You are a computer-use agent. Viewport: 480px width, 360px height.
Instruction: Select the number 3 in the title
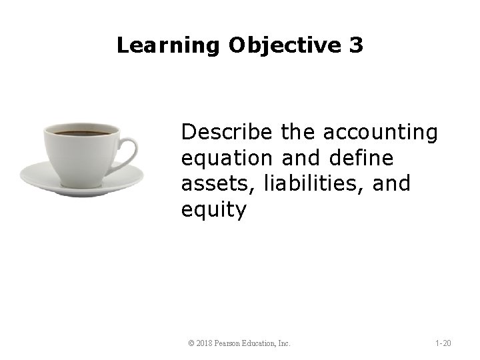356,46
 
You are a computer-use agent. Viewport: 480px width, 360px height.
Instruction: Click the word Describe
226,133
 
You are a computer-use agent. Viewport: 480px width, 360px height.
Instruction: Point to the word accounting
381,133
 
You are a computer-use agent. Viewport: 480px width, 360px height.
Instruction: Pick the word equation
222,160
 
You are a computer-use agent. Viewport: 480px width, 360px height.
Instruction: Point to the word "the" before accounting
299,133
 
